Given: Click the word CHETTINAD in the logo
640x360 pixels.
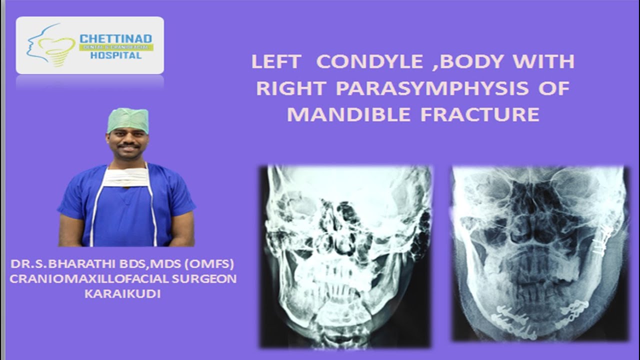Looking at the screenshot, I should click(115, 38).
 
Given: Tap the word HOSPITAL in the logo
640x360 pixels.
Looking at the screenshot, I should click(115, 55).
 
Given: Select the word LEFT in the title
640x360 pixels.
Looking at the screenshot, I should click(276, 62).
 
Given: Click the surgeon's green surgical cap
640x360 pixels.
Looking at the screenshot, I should click(127, 120).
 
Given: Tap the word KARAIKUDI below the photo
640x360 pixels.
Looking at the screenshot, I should click(122, 294).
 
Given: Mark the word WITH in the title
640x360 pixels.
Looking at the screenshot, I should click(547, 62).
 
